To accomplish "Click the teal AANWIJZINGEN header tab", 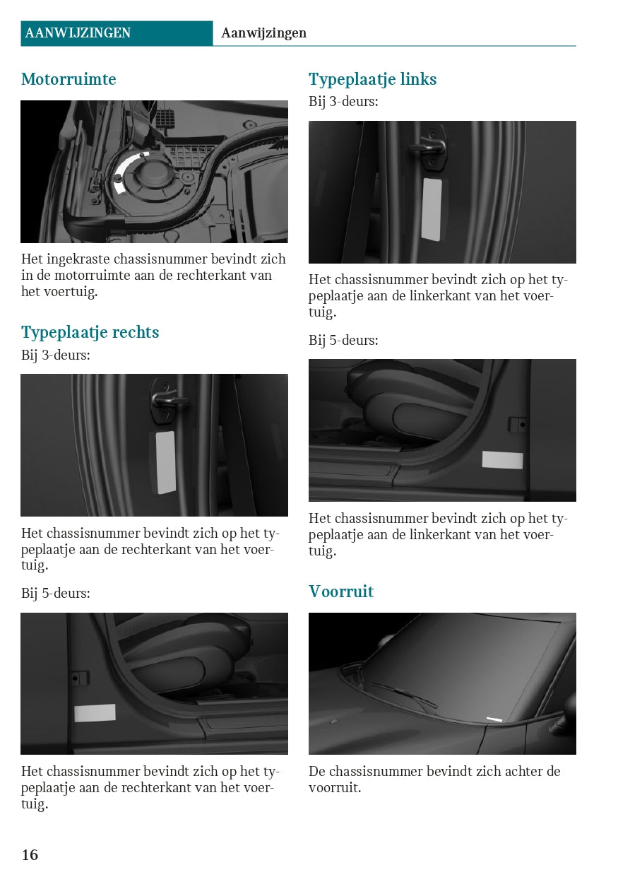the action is pyautogui.click(x=117, y=33).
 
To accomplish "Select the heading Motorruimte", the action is pyautogui.click(x=69, y=79).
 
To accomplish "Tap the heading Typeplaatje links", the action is pyautogui.click(x=372, y=80).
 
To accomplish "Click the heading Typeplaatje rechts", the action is pyautogui.click(x=90, y=333).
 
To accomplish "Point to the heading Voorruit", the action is pyautogui.click(x=341, y=591).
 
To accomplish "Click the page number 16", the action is pyautogui.click(x=30, y=854).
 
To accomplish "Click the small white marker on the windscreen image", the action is pyautogui.click(x=494, y=719).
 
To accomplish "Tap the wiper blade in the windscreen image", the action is pyautogui.click(x=403, y=694).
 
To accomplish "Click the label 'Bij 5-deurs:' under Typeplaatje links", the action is pyautogui.click(x=343, y=340).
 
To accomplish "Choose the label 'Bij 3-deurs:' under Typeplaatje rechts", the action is pyautogui.click(x=56, y=355).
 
